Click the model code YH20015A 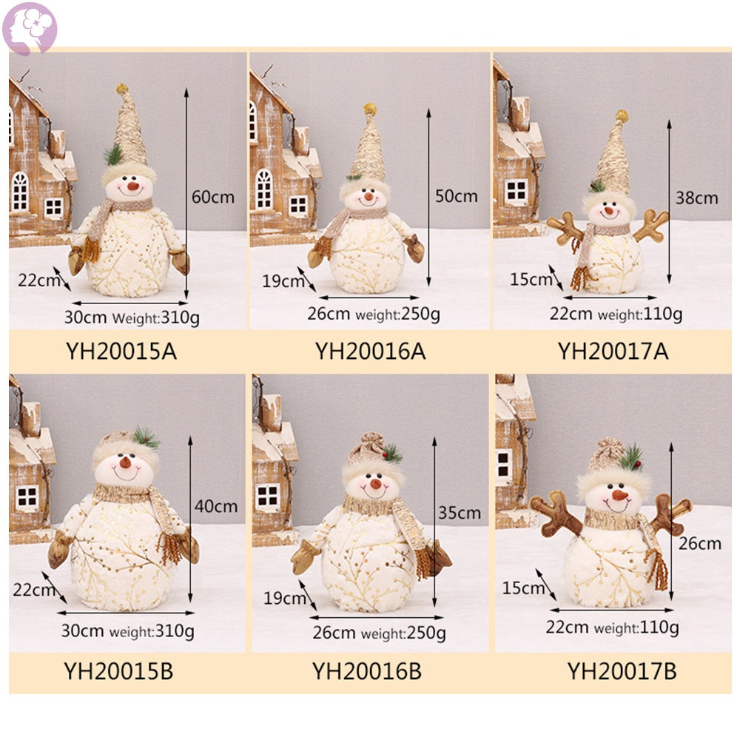coord(121,351)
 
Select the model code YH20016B coord(367,671)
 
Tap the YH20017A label coord(613,351)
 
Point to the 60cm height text coord(213,197)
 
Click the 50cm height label coord(457,196)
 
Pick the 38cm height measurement coord(696,198)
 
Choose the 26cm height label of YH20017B coord(700,544)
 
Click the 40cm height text coord(216,506)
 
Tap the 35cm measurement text coord(460,513)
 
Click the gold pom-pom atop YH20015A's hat coord(123,88)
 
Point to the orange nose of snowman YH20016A coord(369,196)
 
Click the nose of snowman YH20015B coord(126,462)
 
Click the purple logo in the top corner coord(30,28)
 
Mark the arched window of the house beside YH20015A coord(20,191)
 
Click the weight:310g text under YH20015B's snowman coord(152,631)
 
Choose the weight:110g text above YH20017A coord(640,314)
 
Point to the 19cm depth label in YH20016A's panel coord(283,281)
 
